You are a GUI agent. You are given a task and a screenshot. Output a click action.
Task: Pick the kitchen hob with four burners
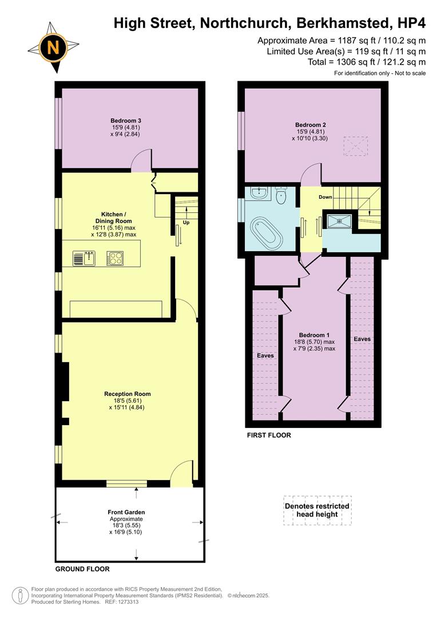click(x=115, y=258)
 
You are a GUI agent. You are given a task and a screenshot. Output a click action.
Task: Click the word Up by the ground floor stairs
click(x=186, y=223)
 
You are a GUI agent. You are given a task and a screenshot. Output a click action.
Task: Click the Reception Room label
click(x=127, y=394)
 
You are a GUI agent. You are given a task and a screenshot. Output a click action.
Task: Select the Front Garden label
click(x=126, y=512)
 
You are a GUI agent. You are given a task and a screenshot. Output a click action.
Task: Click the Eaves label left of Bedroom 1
click(x=265, y=355)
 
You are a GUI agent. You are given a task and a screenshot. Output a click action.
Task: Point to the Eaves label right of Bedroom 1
click(x=362, y=339)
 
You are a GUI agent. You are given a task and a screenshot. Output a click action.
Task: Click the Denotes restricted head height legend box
click(x=317, y=510)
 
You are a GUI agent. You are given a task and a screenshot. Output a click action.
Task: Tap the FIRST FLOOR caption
click(x=269, y=435)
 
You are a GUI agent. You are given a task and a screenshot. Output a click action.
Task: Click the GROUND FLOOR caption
click(x=82, y=569)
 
